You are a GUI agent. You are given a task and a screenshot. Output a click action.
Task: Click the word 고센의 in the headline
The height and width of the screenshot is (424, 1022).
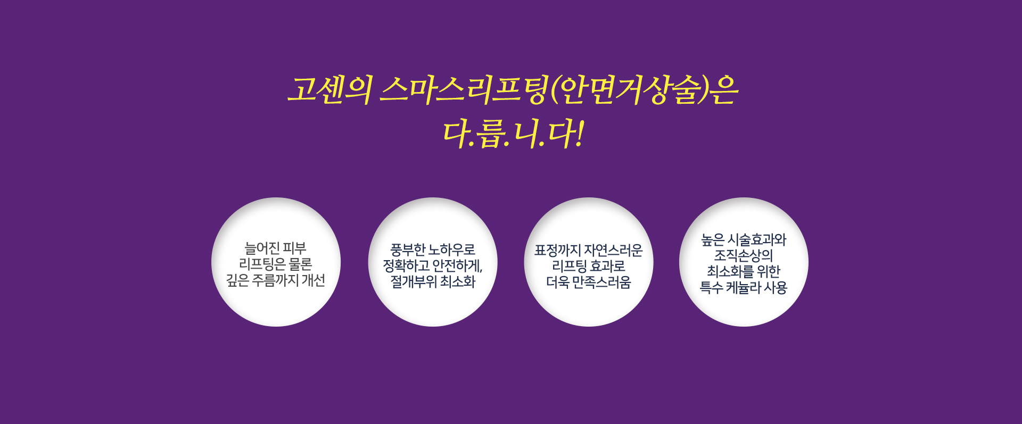pos(330,90)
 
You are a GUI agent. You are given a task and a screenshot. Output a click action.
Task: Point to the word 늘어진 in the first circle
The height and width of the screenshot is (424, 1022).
pos(261,248)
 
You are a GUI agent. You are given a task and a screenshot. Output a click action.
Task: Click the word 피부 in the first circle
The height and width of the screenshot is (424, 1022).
pos(295,248)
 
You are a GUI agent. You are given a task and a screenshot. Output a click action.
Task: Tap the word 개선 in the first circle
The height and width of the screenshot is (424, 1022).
pos(313,280)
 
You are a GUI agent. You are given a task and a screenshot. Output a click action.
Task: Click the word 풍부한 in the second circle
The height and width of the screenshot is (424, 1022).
pos(407,250)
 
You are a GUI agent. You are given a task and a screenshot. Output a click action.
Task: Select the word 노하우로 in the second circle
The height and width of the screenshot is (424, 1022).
pos(452,250)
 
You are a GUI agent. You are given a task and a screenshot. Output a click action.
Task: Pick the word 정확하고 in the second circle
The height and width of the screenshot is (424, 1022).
pos(406,265)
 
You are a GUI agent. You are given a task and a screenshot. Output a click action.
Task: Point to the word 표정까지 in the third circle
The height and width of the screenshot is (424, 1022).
pos(557,250)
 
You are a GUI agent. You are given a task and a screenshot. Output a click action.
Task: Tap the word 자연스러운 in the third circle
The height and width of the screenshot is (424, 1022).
pos(614,250)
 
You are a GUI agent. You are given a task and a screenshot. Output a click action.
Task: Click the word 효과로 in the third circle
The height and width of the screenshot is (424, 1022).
pos(608,266)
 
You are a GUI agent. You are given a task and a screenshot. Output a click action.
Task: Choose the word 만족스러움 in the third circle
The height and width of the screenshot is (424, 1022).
pos(601,282)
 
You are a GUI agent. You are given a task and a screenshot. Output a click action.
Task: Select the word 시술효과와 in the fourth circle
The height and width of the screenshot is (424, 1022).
pos(757,240)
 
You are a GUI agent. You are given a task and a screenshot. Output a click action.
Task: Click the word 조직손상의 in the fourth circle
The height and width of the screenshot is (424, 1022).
pos(744,256)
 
